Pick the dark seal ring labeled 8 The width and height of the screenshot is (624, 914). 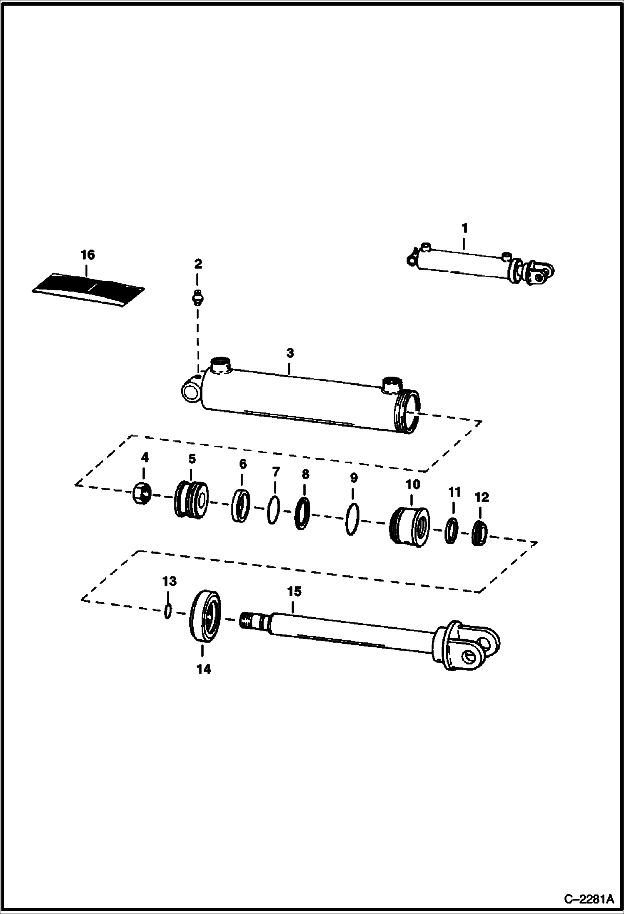(x=302, y=513)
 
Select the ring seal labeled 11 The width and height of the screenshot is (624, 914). (x=451, y=530)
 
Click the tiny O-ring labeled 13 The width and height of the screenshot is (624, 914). (x=167, y=611)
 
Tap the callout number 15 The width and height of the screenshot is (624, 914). (x=294, y=592)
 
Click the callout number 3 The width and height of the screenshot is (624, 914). (x=290, y=353)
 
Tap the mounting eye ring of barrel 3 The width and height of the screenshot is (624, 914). (x=190, y=391)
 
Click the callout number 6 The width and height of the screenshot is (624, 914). (x=243, y=464)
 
